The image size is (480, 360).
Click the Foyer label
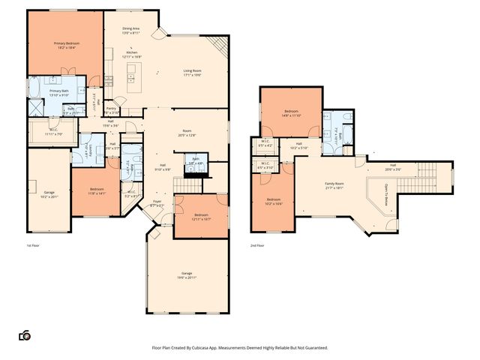point(157,202)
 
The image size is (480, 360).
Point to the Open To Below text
point(385,191)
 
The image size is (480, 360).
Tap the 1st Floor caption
point(33,244)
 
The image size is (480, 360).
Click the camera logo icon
point(24,335)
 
